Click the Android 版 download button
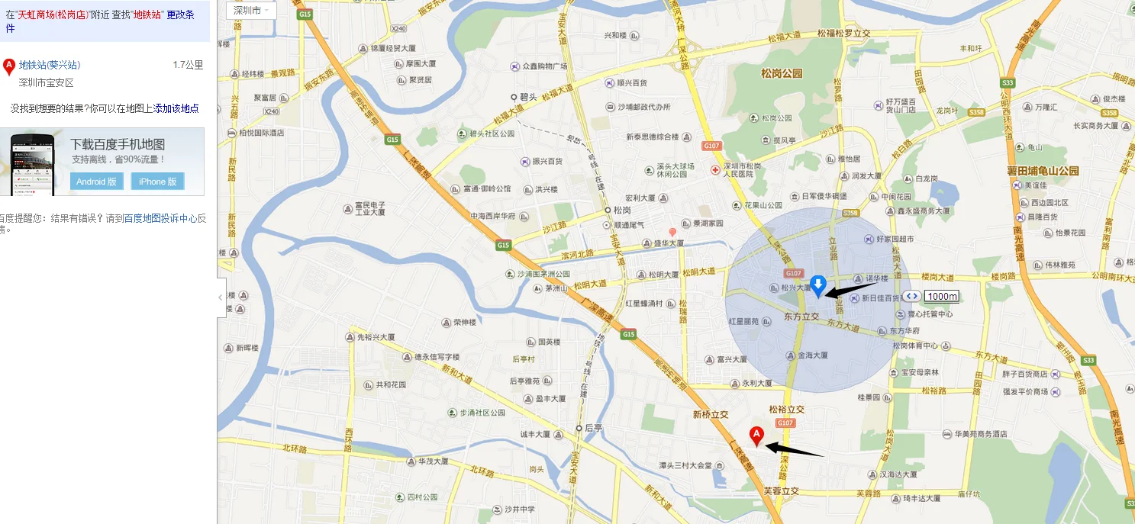click(x=96, y=182)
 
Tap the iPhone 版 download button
click(x=158, y=182)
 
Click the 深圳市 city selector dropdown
click(x=251, y=11)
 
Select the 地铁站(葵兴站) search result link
click(x=50, y=65)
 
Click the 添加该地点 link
click(x=176, y=109)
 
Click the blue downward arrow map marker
click(x=818, y=286)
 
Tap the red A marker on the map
click(x=756, y=436)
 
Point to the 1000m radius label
click(x=942, y=296)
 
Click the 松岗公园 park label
click(x=782, y=73)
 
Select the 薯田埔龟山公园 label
click(x=1043, y=171)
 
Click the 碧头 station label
click(x=528, y=97)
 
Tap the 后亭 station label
click(x=593, y=428)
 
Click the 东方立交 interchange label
click(x=801, y=316)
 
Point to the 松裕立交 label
click(x=786, y=410)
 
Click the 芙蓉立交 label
click(x=781, y=492)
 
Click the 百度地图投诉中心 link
click(x=160, y=218)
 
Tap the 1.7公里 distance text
click(x=188, y=65)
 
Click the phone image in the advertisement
click(x=33, y=162)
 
